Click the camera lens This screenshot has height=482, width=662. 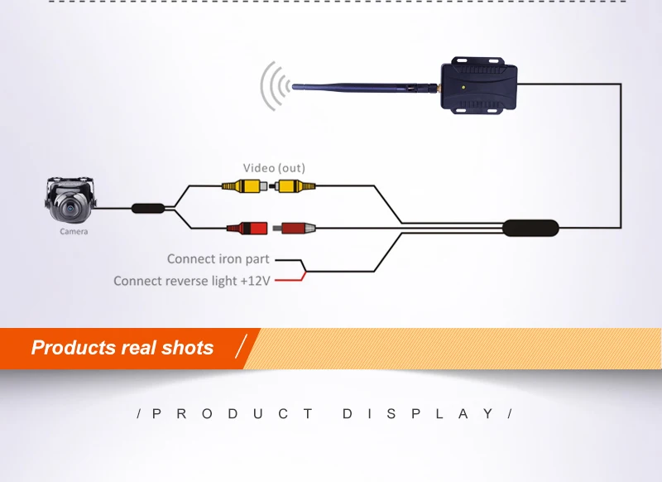pos(70,208)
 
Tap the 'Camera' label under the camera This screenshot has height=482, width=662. pos(74,232)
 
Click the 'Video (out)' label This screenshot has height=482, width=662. pos(274,168)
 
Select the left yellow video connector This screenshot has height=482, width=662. pos(244,186)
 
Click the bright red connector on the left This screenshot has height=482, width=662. pos(247,229)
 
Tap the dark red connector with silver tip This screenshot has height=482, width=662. pos(295,229)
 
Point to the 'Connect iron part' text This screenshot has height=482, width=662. pos(218,259)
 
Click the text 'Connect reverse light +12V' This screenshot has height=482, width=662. pos(192,281)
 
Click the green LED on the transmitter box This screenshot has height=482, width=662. pos(463,88)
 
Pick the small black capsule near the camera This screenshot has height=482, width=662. pos(148,208)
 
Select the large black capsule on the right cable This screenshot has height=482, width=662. pos(530,228)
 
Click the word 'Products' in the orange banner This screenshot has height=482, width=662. pos(74,348)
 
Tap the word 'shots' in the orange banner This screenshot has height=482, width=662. pos(188,348)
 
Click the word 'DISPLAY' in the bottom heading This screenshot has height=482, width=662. pos(418,413)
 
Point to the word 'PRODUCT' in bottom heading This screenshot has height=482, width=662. pos(233,413)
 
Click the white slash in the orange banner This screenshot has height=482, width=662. pos(241,346)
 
